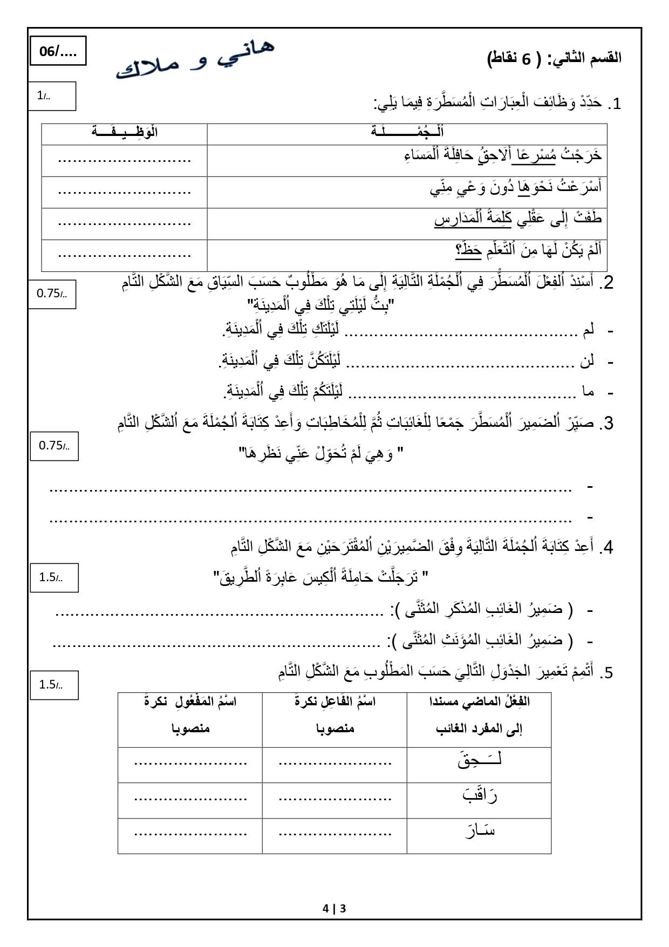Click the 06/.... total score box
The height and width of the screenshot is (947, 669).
(x=58, y=52)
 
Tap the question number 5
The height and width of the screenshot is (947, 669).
(x=607, y=673)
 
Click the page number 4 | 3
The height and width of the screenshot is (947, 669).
(x=334, y=908)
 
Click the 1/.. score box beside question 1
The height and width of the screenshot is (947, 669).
(x=52, y=96)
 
